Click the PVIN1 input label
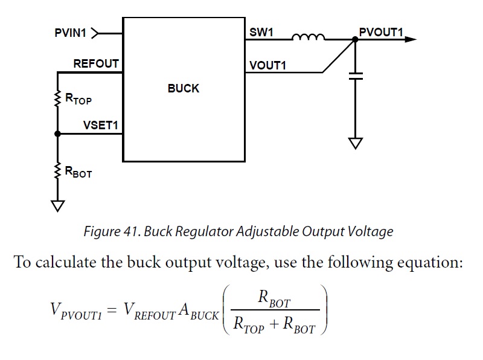click(71, 33)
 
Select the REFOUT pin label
click(96, 63)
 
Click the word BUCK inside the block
click(183, 88)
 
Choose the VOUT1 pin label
click(267, 65)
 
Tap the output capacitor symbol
click(356, 77)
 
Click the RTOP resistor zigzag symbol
click(57, 98)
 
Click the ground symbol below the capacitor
click(356, 143)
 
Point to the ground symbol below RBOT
click(57, 205)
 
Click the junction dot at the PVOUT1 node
click(356, 39)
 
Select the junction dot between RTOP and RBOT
click(57, 134)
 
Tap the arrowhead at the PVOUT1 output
click(411, 39)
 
